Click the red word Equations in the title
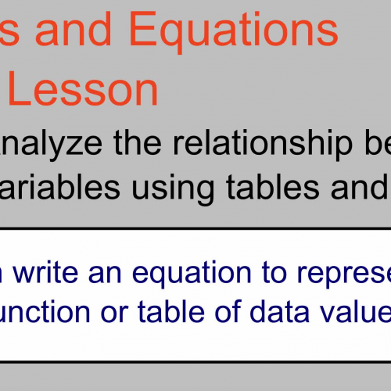click(x=233, y=31)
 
